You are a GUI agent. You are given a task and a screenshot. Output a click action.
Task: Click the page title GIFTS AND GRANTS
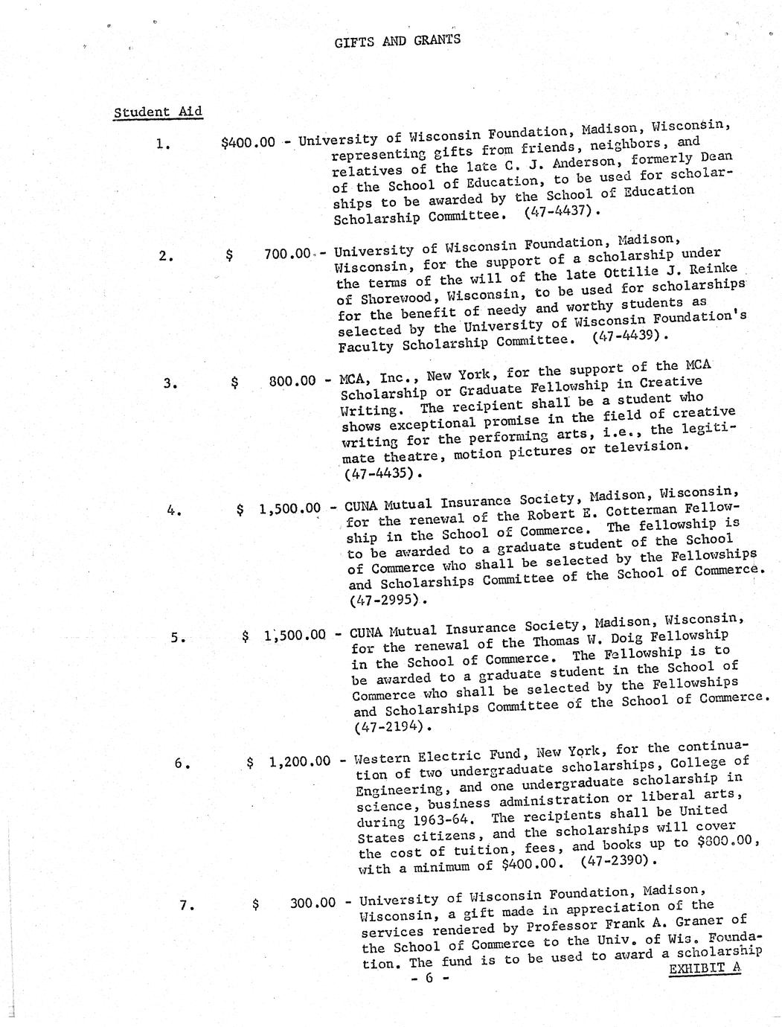pos(397,39)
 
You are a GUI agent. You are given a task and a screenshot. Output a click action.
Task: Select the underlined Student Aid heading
pos(158,112)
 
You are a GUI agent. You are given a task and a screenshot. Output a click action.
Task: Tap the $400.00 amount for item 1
pos(248,142)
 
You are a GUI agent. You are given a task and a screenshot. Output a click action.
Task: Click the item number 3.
pos(170,383)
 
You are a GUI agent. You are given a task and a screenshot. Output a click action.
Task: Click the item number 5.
pos(176,637)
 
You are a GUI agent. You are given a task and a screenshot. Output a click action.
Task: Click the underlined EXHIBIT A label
pos(705,969)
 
